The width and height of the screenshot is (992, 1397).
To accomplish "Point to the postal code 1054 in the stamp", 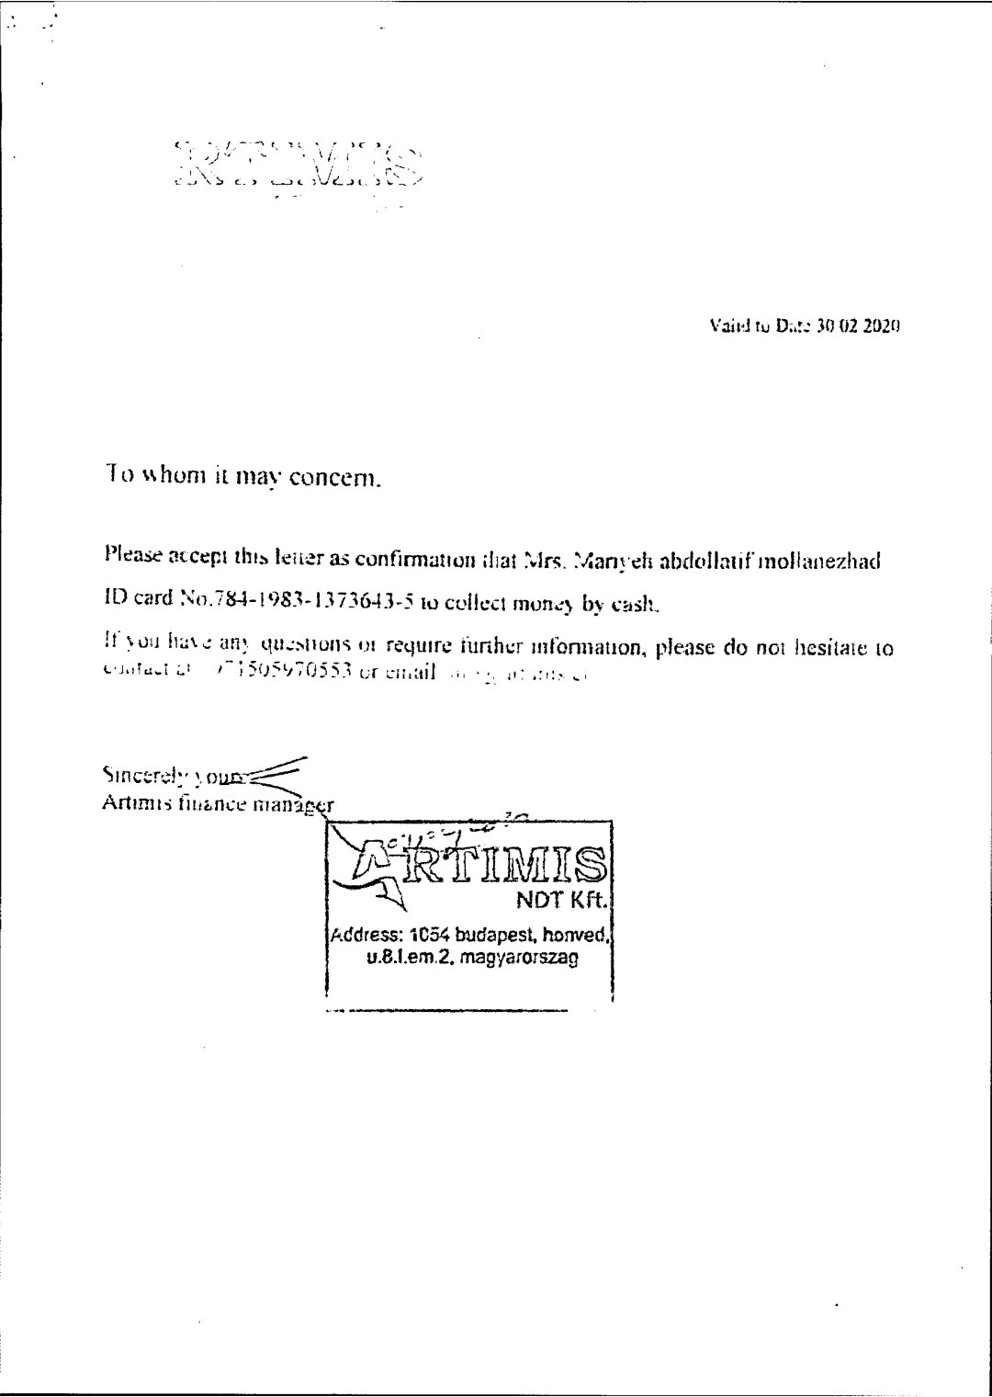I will click(x=429, y=937).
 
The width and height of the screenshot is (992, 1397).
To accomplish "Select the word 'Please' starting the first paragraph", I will click(x=131, y=554).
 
